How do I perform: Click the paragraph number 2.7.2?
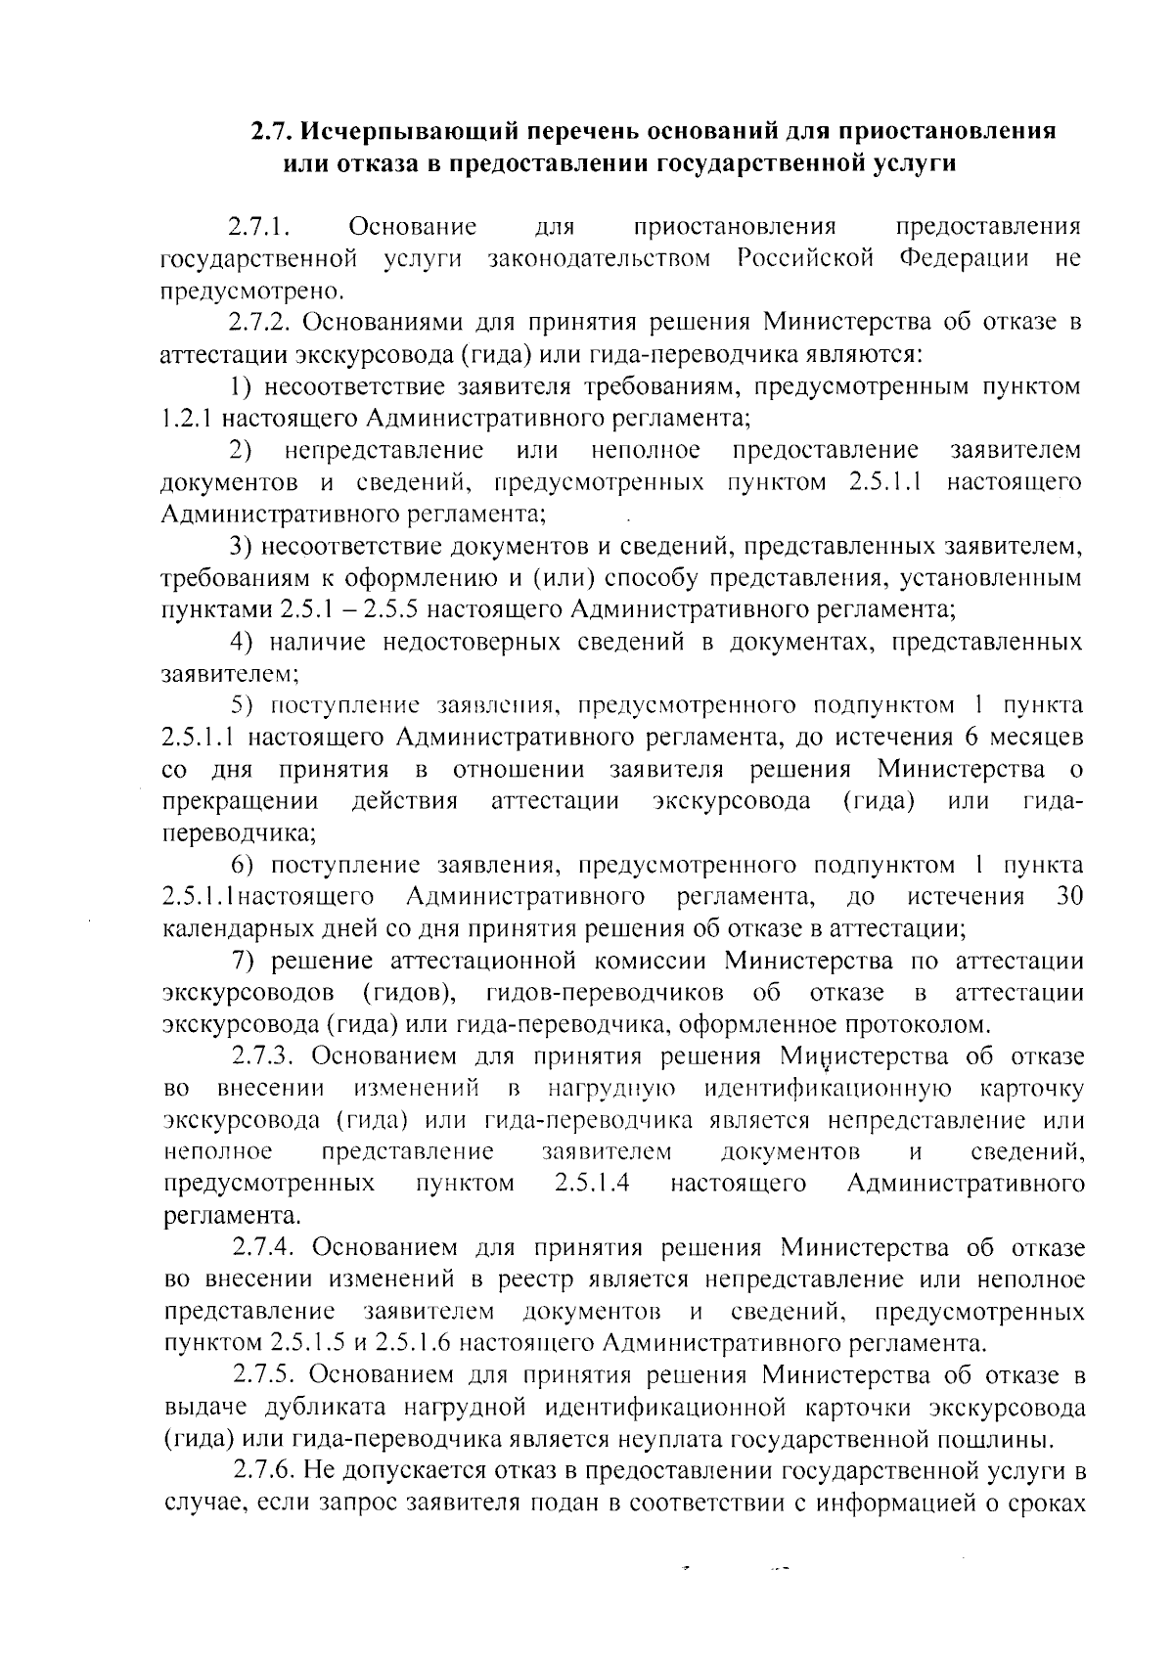tap(268, 323)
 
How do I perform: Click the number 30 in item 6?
tap(1070, 897)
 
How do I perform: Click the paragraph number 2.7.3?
tap(268, 1056)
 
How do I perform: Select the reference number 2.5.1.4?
tap(591, 1184)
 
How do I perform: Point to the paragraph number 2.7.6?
tap(268, 1470)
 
